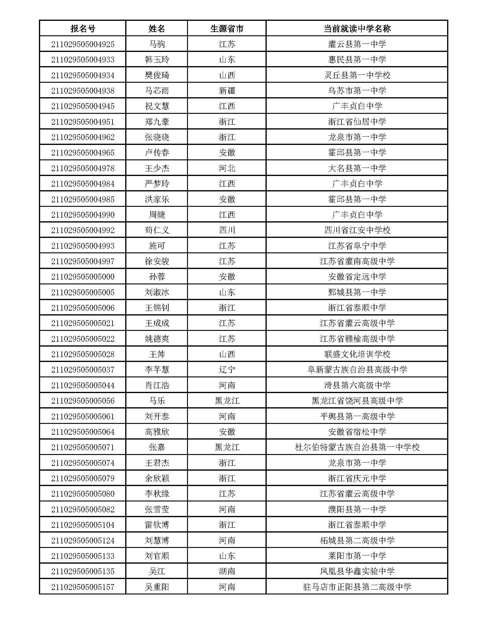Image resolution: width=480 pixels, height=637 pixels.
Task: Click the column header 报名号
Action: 83,29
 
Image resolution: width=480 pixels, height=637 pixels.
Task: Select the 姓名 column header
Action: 157,29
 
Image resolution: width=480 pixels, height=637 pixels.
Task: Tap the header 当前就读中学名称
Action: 357,29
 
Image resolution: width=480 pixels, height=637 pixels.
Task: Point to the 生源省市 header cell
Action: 227,29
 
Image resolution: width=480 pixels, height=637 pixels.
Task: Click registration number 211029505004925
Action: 83,44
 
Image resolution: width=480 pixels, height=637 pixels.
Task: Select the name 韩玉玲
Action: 157,60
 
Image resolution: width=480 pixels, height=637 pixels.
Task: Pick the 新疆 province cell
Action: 227,91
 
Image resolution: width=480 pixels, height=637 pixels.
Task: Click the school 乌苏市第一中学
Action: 357,91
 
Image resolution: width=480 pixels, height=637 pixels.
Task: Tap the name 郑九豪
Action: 157,122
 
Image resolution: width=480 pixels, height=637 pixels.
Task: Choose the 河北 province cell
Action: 227,168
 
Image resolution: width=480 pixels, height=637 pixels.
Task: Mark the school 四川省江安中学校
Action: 357,230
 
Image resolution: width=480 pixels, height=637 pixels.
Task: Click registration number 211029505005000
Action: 83,277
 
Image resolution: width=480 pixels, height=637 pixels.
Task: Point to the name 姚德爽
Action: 157,339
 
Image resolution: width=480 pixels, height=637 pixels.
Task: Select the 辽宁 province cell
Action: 227,370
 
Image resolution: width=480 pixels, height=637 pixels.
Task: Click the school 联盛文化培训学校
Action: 357,354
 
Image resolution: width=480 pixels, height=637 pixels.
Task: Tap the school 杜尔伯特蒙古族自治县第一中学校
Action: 357,447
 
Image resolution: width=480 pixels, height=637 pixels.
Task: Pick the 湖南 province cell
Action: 227,571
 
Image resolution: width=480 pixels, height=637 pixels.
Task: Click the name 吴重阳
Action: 157,587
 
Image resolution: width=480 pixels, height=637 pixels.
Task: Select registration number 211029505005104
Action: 83,525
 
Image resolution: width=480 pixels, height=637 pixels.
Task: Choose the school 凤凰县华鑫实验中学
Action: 357,571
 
